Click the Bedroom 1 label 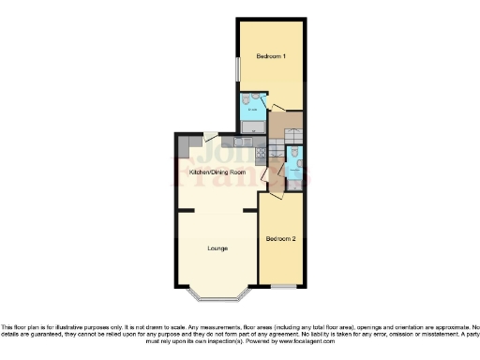(x=271, y=57)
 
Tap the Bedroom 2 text (x=280, y=239)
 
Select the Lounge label (x=218, y=248)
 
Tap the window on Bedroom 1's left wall (x=237, y=70)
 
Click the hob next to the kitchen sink (x=255, y=142)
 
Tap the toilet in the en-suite (x=244, y=101)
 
